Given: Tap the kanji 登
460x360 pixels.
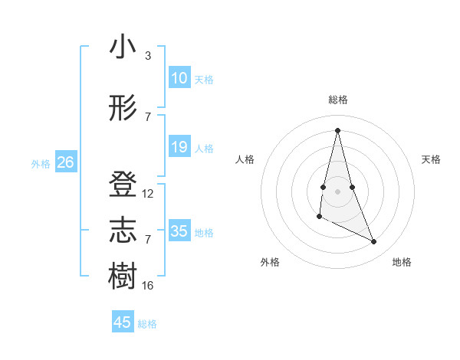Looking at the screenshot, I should click(x=123, y=186).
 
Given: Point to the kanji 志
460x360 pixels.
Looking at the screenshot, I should click(x=123, y=231).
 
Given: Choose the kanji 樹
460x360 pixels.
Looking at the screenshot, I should click(x=123, y=277).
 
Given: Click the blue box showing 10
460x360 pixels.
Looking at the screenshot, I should click(x=179, y=78).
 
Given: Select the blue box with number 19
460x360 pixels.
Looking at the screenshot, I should click(x=179, y=147).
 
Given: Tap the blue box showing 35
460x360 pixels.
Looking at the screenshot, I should click(x=179, y=231).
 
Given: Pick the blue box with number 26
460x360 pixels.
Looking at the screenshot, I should click(x=65, y=162).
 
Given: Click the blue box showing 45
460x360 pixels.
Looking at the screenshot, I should click(x=123, y=322).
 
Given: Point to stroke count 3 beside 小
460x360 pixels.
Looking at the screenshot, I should click(x=147, y=56).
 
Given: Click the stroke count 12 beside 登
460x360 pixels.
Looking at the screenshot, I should click(x=148, y=194).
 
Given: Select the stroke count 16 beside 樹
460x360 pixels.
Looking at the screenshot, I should click(x=148, y=285).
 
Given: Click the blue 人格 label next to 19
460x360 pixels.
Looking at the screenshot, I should click(x=204, y=148).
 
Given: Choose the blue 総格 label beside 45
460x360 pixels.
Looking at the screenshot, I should click(x=147, y=324).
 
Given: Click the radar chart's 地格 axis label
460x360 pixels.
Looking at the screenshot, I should click(x=402, y=263).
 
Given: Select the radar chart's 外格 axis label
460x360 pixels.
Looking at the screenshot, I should click(x=270, y=263).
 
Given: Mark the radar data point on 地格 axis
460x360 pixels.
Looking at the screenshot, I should click(x=374, y=242).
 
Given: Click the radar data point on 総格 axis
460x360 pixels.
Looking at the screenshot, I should click(x=337, y=129).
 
